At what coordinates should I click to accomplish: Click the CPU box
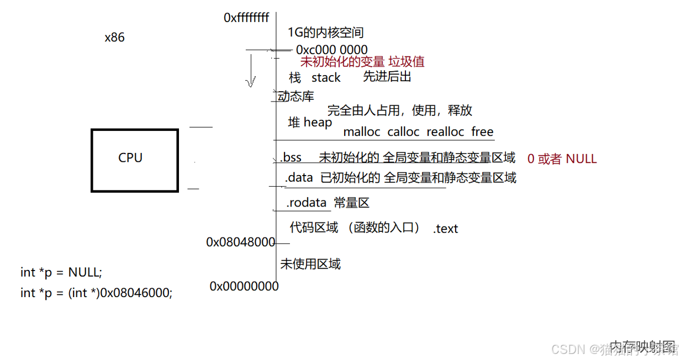[x=135, y=160]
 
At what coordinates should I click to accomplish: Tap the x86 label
[x=114, y=38]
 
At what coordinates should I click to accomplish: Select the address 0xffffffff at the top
[x=246, y=18]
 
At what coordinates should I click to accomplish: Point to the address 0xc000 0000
[x=331, y=50]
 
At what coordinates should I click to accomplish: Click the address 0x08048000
[x=240, y=242]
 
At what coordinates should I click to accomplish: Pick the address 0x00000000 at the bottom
[x=244, y=286]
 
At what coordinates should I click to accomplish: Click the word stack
[x=326, y=78]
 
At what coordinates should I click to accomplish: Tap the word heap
[x=318, y=122]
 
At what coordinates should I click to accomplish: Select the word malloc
[x=362, y=132]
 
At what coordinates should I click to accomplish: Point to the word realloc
[x=445, y=132]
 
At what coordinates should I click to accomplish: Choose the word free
[x=482, y=132]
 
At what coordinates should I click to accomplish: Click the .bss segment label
[x=291, y=157]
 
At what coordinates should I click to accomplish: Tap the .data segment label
[x=299, y=178]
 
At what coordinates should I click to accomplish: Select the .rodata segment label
[x=307, y=203]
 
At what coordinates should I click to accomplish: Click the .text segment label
[x=446, y=229]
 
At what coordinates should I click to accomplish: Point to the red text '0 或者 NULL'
[x=562, y=159]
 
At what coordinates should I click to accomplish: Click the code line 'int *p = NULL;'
[x=61, y=272]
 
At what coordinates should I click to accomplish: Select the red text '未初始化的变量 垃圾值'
[x=362, y=62]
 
